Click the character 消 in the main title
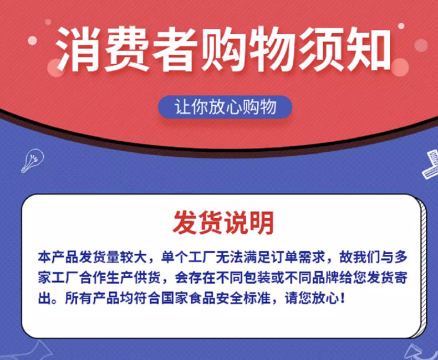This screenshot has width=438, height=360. pos(79,49)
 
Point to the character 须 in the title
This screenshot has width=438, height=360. pos(320,49)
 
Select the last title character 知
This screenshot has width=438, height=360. pos(368,49)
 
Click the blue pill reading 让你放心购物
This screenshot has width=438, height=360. pos(225,107)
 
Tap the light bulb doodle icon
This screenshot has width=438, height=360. pos(33,160)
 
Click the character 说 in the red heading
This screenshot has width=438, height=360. pos(236,223)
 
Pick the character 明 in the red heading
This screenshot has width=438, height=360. pos(262,223)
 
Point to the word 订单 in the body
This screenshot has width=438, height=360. pos(284,257)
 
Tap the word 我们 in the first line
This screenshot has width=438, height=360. pos(366,257)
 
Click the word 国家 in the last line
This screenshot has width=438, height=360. pos(175,299)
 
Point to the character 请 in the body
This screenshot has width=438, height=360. pos(291,299)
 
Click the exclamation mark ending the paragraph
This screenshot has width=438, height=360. pos(343,299)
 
